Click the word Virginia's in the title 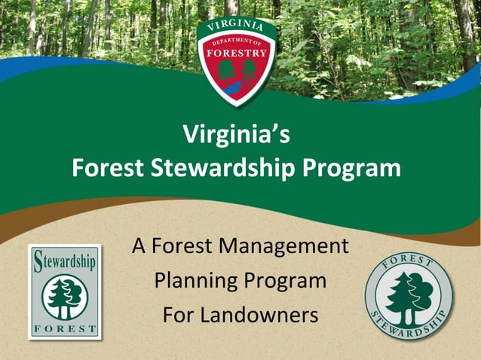(x=236, y=136)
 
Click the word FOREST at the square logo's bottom (x=65, y=328)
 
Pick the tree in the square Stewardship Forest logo (x=65, y=297)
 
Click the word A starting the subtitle (x=139, y=246)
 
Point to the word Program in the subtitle (x=285, y=281)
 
